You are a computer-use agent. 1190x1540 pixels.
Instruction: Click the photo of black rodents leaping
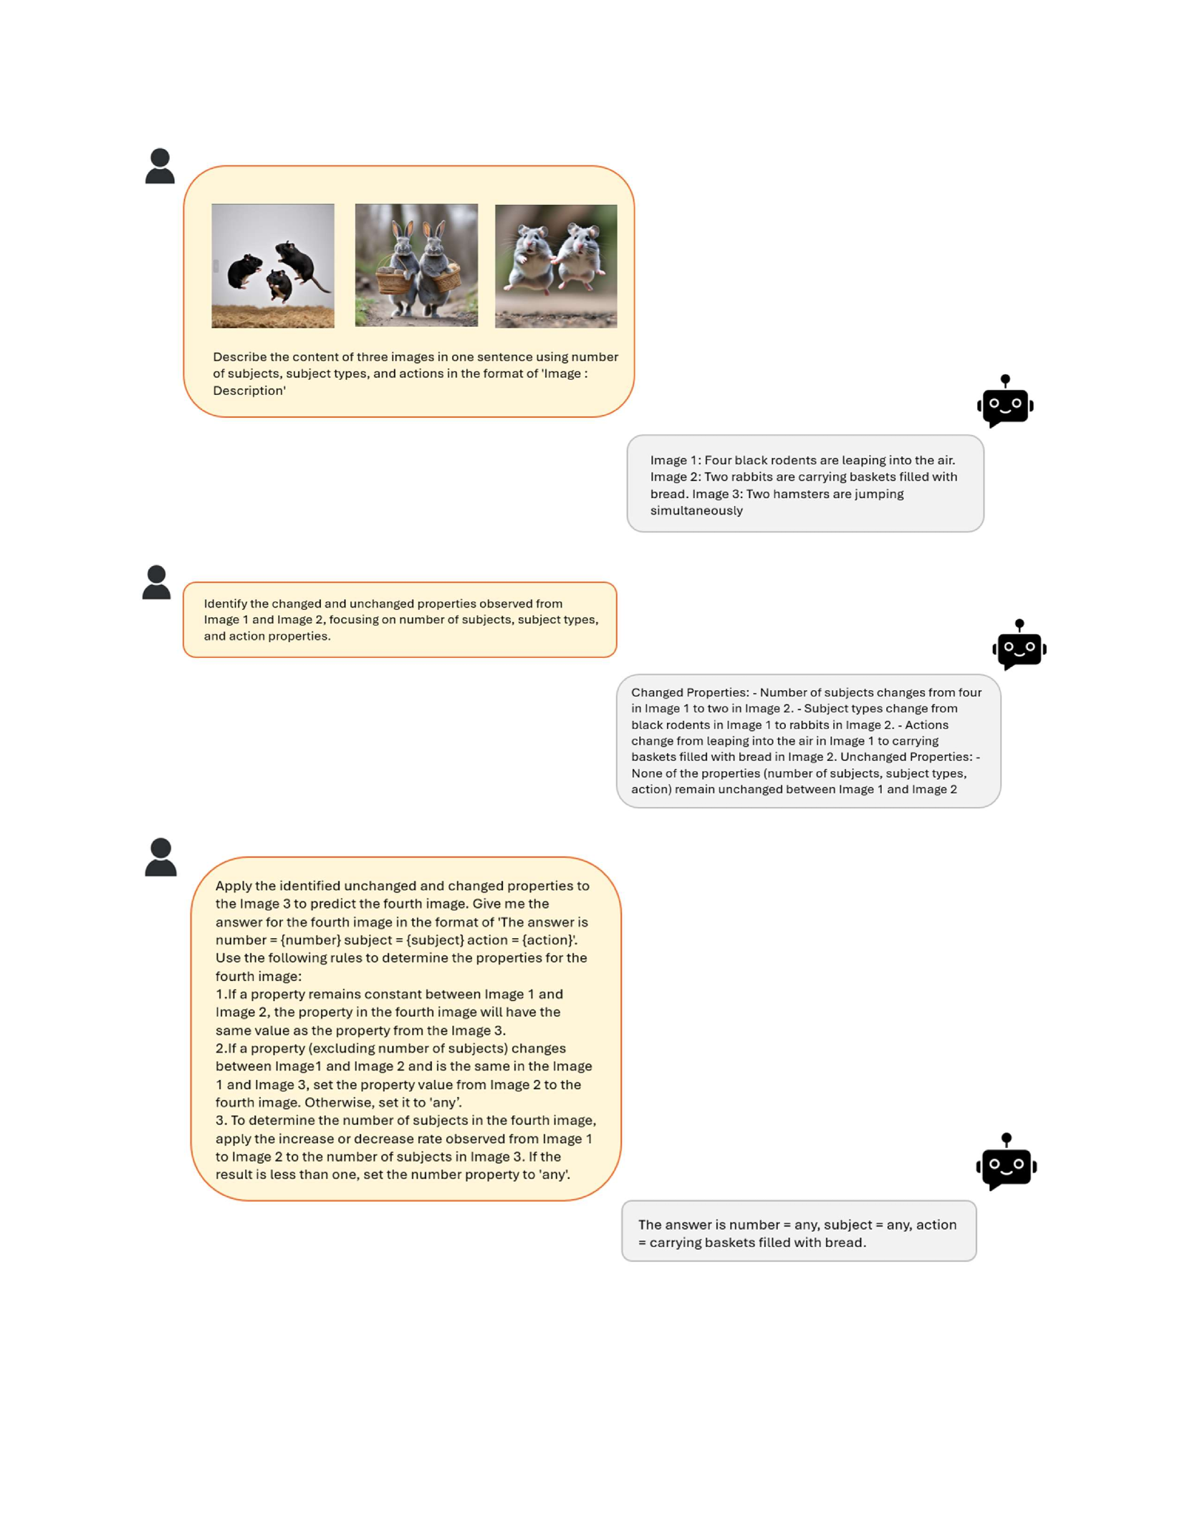[273, 266]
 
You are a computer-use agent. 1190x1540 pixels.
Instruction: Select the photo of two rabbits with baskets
[416, 265]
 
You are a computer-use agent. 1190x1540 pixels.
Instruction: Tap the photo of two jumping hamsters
[556, 266]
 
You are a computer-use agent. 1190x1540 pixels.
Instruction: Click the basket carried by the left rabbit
[392, 282]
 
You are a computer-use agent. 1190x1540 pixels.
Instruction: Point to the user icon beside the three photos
[160, 166]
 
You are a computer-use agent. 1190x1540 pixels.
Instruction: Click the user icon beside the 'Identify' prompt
[157, 583]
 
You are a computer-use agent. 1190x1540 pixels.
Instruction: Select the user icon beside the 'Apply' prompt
[160, 857]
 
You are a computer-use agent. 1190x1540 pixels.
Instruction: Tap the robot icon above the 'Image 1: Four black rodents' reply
[1005, 402]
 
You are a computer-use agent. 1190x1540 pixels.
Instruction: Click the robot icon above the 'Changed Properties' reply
[1019, 646]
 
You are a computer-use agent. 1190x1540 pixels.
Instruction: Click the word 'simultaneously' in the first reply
[696, 511]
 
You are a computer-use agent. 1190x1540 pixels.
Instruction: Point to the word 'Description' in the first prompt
[249, 391]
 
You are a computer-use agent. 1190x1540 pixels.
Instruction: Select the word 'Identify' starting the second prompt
[225, 603]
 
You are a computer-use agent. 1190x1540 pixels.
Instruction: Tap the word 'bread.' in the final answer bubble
[845, 1243]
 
